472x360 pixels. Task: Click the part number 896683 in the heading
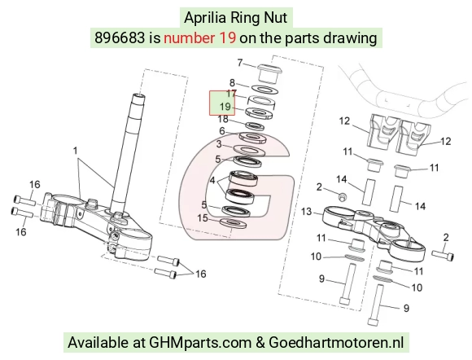point(120,38)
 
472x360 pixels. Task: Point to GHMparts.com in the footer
point(200,343)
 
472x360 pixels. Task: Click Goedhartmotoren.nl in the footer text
point(336,342)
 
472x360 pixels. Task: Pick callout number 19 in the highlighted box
point(225,107)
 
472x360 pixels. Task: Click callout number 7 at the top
point(240,63)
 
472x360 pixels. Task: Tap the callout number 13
point(307,212)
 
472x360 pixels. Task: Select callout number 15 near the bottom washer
point(203,217)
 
